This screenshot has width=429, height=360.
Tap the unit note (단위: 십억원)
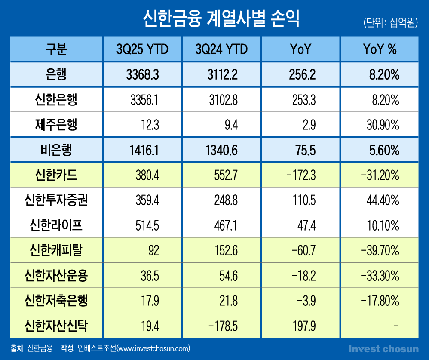click(x=390, y=22)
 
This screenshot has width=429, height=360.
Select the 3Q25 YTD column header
click(x=142, y=49)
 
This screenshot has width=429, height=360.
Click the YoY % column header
click(x=380, y=49)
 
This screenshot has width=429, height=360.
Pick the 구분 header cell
click(x=56, y=49)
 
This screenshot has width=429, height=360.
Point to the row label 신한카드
click(x=56, y=175)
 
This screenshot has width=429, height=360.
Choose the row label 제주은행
click(x=56, y=125)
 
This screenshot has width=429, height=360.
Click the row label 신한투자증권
click(x=56, y=200)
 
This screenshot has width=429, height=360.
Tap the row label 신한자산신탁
click(x=56, y=326)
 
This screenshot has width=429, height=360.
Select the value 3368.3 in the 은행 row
click(x=143, y=75)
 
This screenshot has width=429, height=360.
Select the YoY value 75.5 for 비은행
click(x=306, y=150)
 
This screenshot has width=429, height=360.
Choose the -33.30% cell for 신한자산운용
click(x=379, y=276)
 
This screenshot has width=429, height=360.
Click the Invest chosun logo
click(x=383, y=348)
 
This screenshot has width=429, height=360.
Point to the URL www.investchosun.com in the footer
click(x=153, y=348)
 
